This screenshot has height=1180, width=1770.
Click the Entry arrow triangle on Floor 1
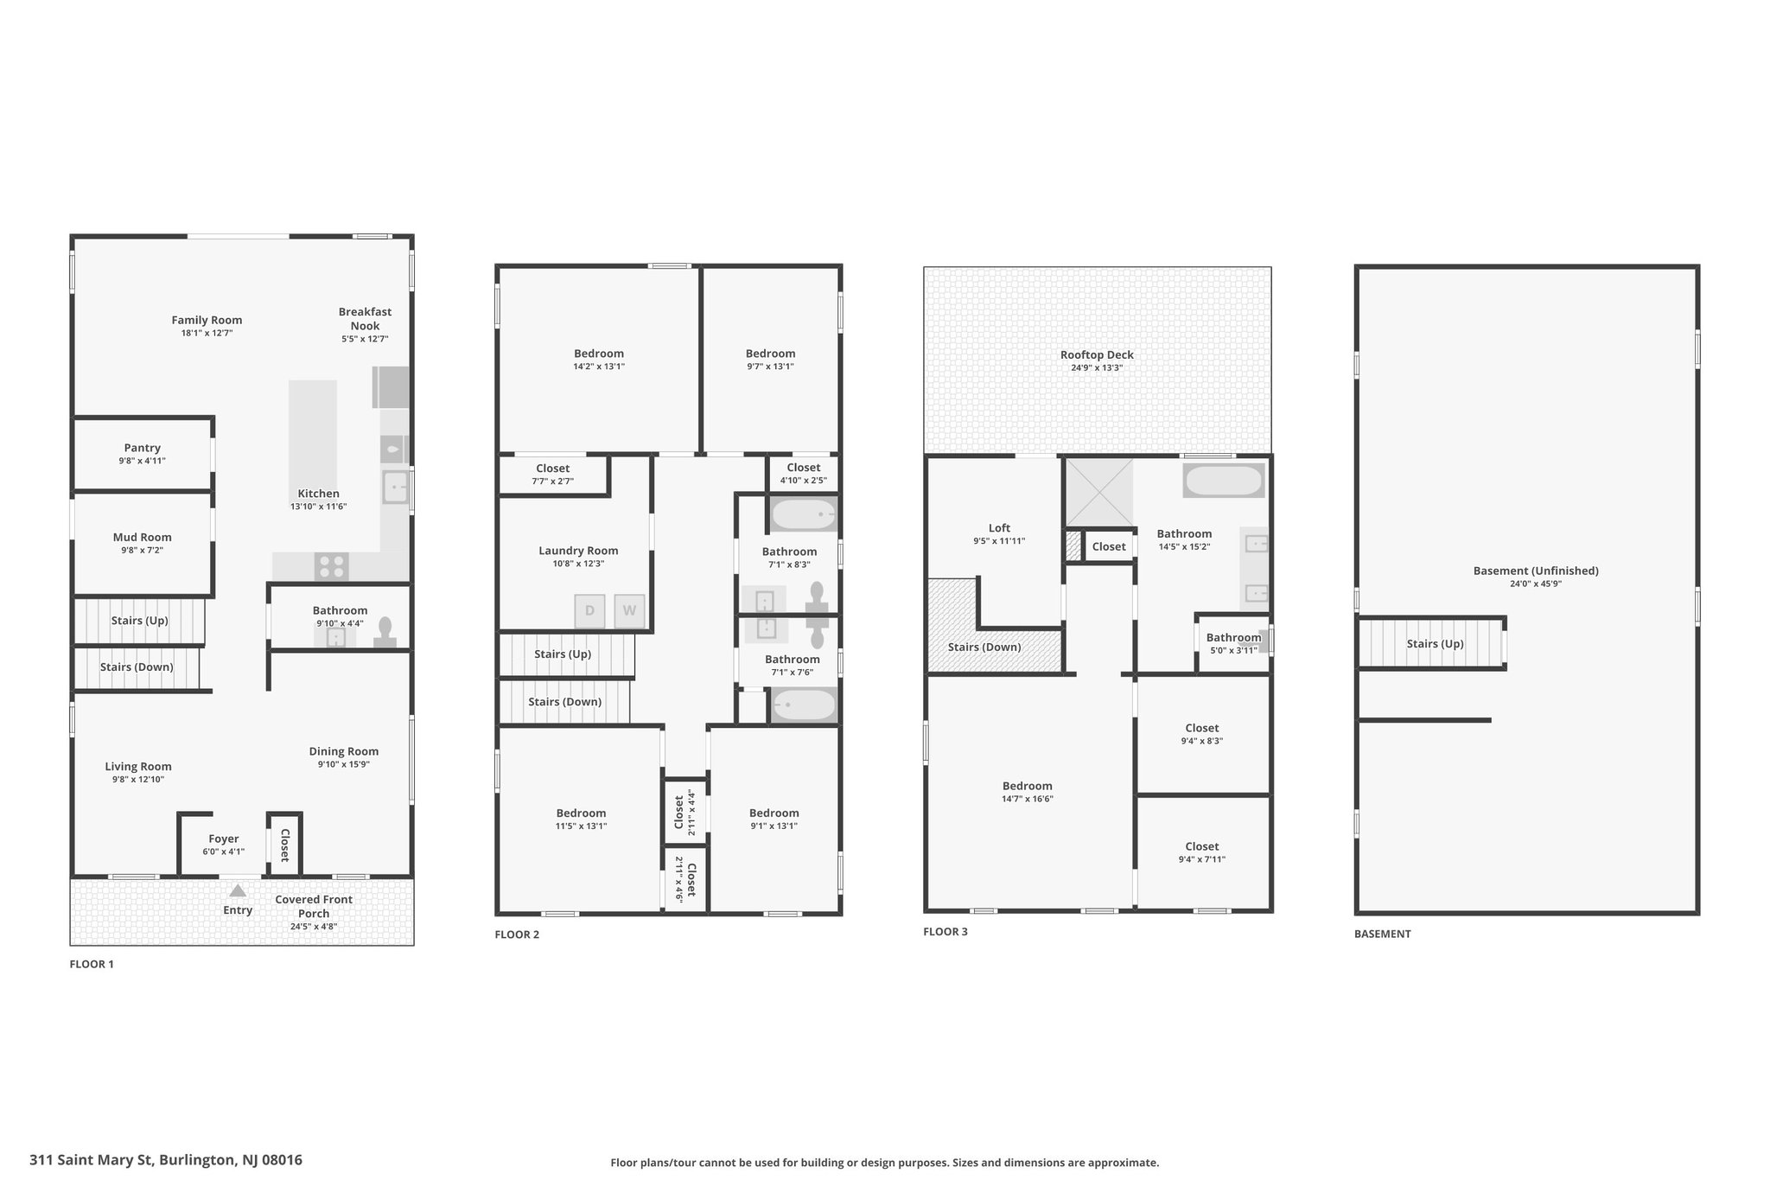(238, 890)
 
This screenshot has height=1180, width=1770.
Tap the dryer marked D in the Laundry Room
(590, 610)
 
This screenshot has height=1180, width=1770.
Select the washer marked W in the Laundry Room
(629, 610)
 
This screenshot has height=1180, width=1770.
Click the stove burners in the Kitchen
(332, 566)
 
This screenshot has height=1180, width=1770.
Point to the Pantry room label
(143, 448)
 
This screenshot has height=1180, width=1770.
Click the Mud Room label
(143, 537)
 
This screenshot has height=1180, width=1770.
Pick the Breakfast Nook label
(365, 319)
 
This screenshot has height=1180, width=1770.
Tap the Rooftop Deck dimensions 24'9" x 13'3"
(1098, 367)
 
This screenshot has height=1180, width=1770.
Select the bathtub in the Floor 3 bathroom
(1224, 481)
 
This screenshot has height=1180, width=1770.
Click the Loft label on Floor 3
(999, 528)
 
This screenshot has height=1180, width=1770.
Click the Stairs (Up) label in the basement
(1435, 644)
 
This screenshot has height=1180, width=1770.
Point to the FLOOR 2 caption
(517, 934)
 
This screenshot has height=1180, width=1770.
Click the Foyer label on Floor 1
(224, 839)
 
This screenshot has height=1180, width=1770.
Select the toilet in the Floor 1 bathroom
(385, 632)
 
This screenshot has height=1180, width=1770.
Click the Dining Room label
(344, 751)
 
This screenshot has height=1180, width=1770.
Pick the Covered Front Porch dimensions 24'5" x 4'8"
(314, 927)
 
